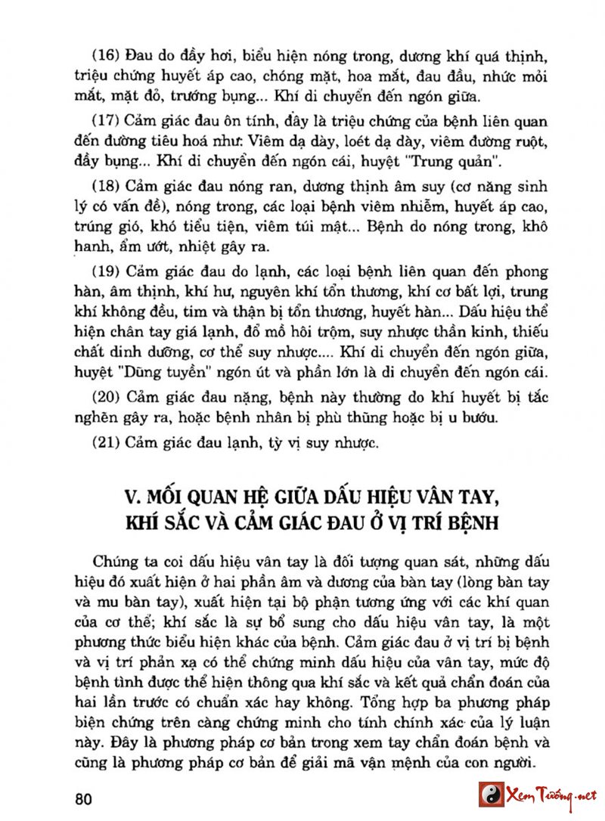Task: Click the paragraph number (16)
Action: (106, 57)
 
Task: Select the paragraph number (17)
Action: (106, 122)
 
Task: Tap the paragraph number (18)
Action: (106, 187)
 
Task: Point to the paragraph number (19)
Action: (106, 270)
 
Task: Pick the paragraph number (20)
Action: (106, 395)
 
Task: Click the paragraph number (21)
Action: (106, 441)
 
